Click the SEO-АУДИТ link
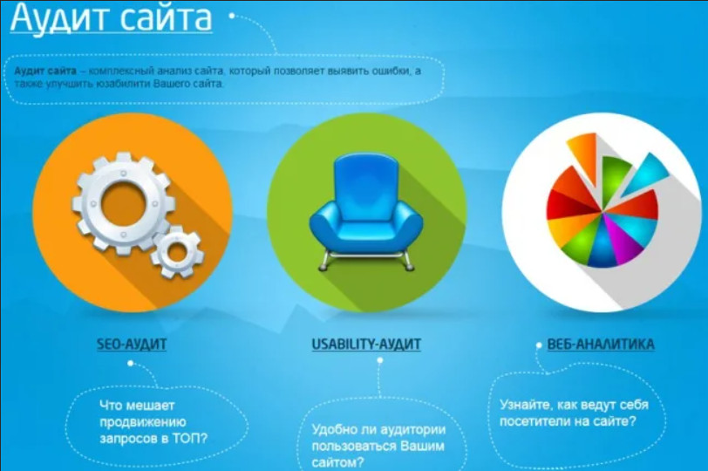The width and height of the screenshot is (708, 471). point(132,345)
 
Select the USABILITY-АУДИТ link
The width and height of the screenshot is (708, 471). point(366,345)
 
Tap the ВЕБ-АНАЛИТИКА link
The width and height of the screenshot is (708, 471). point(601,345)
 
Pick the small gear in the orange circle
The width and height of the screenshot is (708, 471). point(176,251)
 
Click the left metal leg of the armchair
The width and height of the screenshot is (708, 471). point(324,261)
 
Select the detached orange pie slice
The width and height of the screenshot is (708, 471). point(583,153)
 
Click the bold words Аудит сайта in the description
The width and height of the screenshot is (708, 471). point(45,71)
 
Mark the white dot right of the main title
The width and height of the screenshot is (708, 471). point(232,16)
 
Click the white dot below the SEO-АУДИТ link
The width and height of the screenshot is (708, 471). point(131,363)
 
